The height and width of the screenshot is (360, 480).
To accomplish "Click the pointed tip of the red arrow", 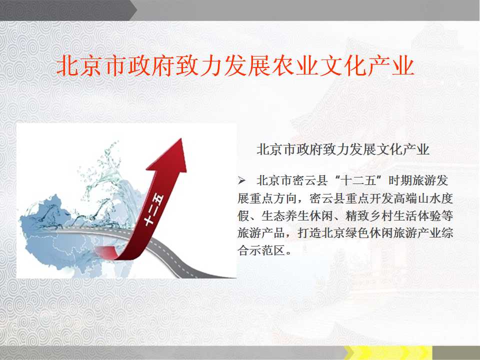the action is click(x=181, y=138).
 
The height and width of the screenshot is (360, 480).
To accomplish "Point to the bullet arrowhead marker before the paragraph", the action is click(x=241, y=180).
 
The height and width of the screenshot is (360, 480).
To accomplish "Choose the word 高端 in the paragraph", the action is click(x=404, y=198).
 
